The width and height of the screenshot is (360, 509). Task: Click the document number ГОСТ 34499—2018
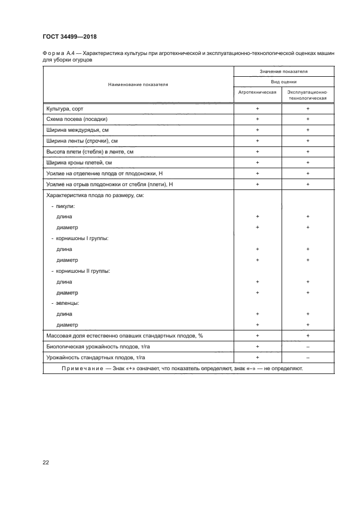pos(70,37)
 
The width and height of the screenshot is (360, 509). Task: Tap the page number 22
pos(46,462)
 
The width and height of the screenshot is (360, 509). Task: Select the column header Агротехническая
pos(257,93)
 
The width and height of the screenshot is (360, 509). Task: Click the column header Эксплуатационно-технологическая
pos(307,96)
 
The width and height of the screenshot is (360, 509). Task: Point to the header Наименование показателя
pos(138,85)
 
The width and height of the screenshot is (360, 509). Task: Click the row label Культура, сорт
pos(65,109)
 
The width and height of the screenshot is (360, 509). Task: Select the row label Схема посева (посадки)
pos(77,119)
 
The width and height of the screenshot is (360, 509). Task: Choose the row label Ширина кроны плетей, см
pos(79,162)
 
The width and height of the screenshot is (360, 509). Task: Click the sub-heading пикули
pos(64,206)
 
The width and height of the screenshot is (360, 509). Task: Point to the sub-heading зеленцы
pos(66,303)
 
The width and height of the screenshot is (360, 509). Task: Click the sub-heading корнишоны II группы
pos(80,271)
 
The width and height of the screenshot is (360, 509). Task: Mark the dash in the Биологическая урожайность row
pos(308,346)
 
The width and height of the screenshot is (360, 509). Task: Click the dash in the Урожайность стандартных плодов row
pos(308,357)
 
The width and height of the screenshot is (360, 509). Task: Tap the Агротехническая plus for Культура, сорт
pos(257,109)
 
